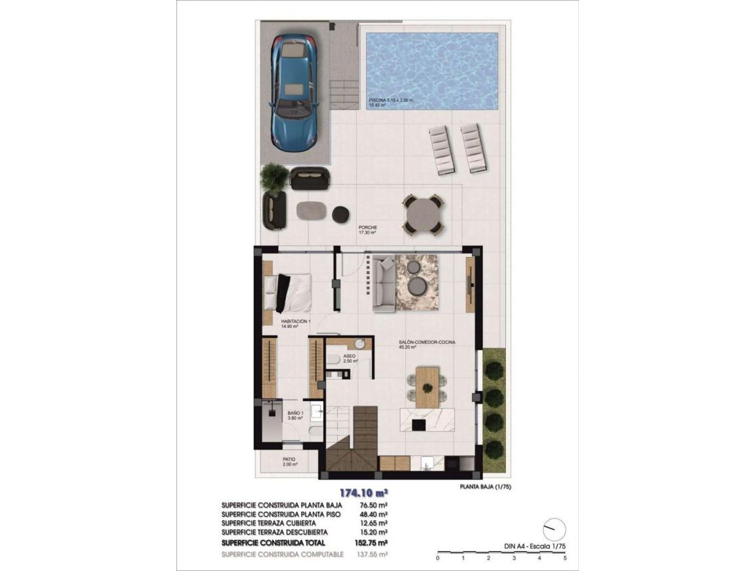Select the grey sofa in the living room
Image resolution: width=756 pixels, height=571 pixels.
(x=383, y=284)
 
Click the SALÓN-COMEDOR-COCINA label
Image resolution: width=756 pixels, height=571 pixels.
(x=426, y=342)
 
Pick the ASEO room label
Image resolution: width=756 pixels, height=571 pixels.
(x=349, y=357)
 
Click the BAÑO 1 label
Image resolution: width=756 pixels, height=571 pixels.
(x=294, y=413)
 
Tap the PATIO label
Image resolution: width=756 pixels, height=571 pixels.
(x=288, y=459)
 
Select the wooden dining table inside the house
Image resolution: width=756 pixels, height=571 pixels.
(x=427, y=387)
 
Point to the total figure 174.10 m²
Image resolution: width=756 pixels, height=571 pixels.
(x=363, y=493)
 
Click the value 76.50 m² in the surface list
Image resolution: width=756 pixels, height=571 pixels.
(x=373, y=505)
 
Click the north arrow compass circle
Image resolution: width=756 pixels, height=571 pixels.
(x=554, y=529)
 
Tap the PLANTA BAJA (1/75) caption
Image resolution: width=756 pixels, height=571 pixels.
(x=485, y=487)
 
